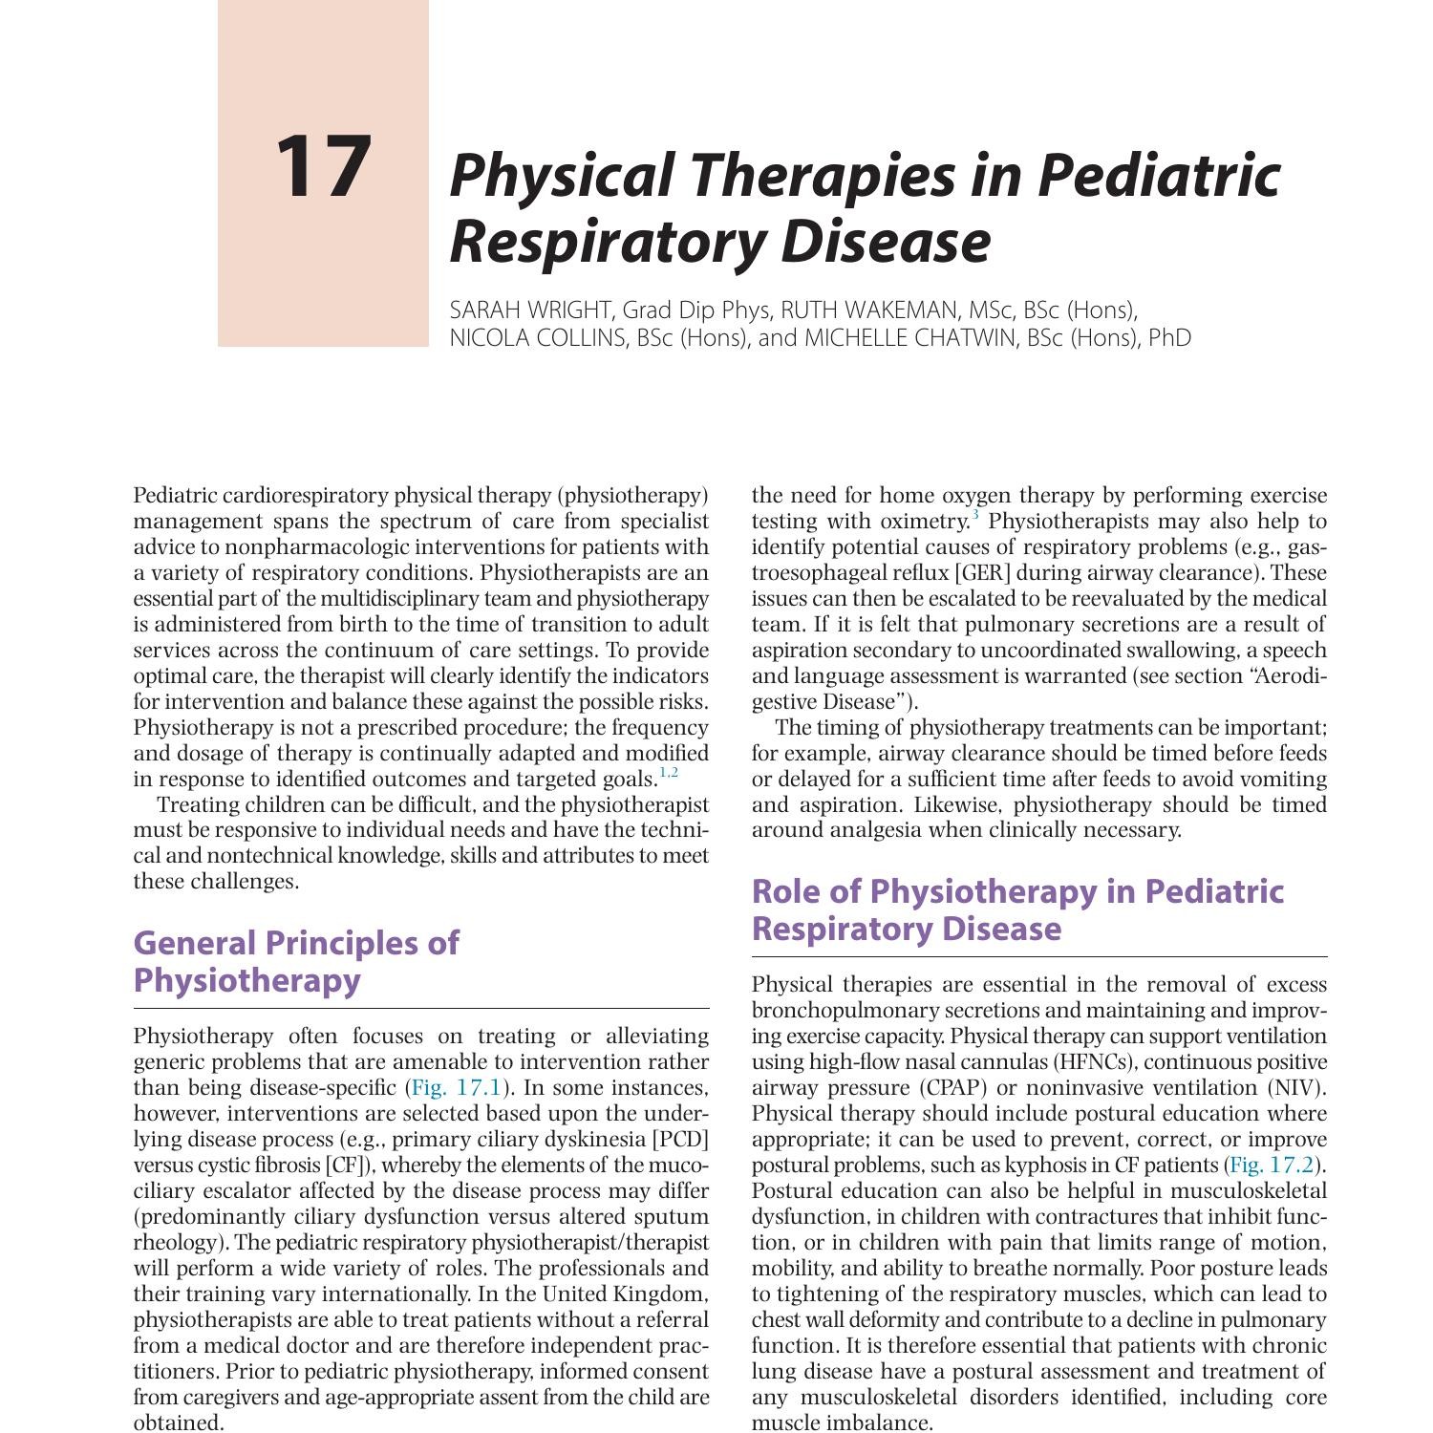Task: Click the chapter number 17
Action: [322, 167]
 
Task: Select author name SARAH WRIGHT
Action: [530, 310]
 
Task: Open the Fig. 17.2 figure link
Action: [1272, 1166]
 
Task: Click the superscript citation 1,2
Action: [669, 773]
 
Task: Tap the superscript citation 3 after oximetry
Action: [975, 517]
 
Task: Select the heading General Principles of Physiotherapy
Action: [295, 961]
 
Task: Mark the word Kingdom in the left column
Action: [665, 1294]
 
